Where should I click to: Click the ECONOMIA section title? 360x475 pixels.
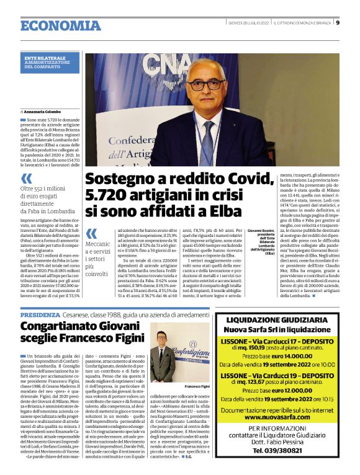tap(60, 25)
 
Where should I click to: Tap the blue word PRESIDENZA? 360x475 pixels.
tap(40, 315)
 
